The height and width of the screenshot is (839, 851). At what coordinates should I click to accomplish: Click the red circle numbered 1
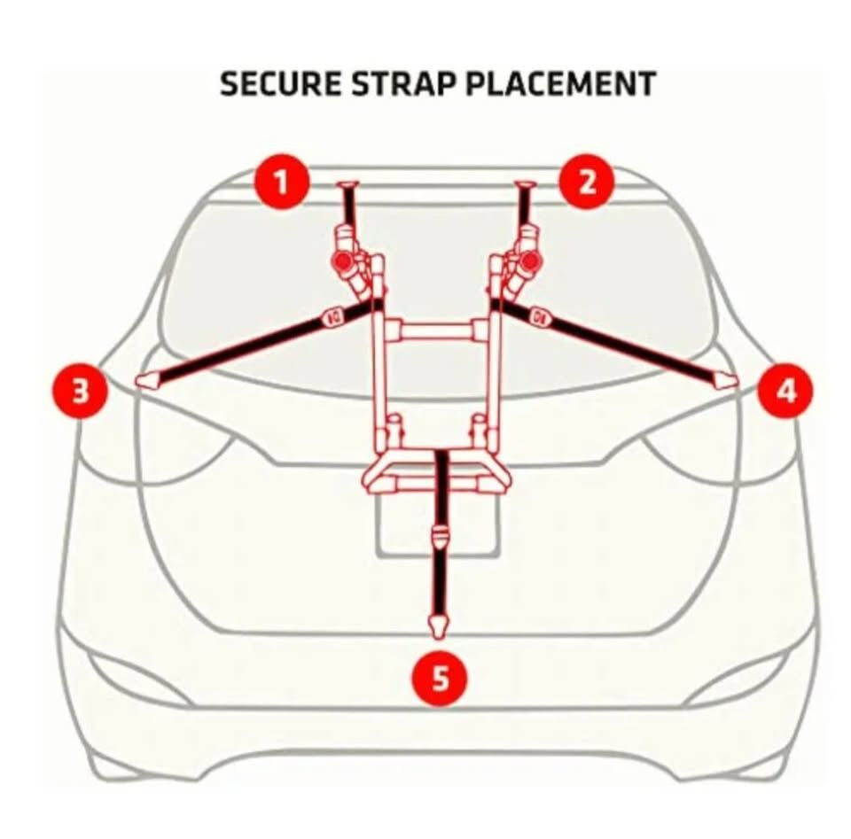click(282, 182)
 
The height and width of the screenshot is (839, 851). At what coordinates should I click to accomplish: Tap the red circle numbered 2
click(587, 182)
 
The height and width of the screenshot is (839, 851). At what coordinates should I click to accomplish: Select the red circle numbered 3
click(81, 391)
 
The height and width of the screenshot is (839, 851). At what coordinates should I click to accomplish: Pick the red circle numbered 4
click(785, 391)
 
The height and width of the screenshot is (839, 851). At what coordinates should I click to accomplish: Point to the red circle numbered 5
click(440, 679)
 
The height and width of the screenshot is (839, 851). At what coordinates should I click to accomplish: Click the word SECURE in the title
click(281, 84)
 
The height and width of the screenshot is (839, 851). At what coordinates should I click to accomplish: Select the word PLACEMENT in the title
click(560, 84)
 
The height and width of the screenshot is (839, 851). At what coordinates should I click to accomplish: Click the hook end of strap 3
click(148, 380)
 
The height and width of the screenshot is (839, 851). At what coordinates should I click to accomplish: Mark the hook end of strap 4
click(726, 380)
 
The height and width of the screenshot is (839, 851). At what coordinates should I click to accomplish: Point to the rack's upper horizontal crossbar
click(436, 330)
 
